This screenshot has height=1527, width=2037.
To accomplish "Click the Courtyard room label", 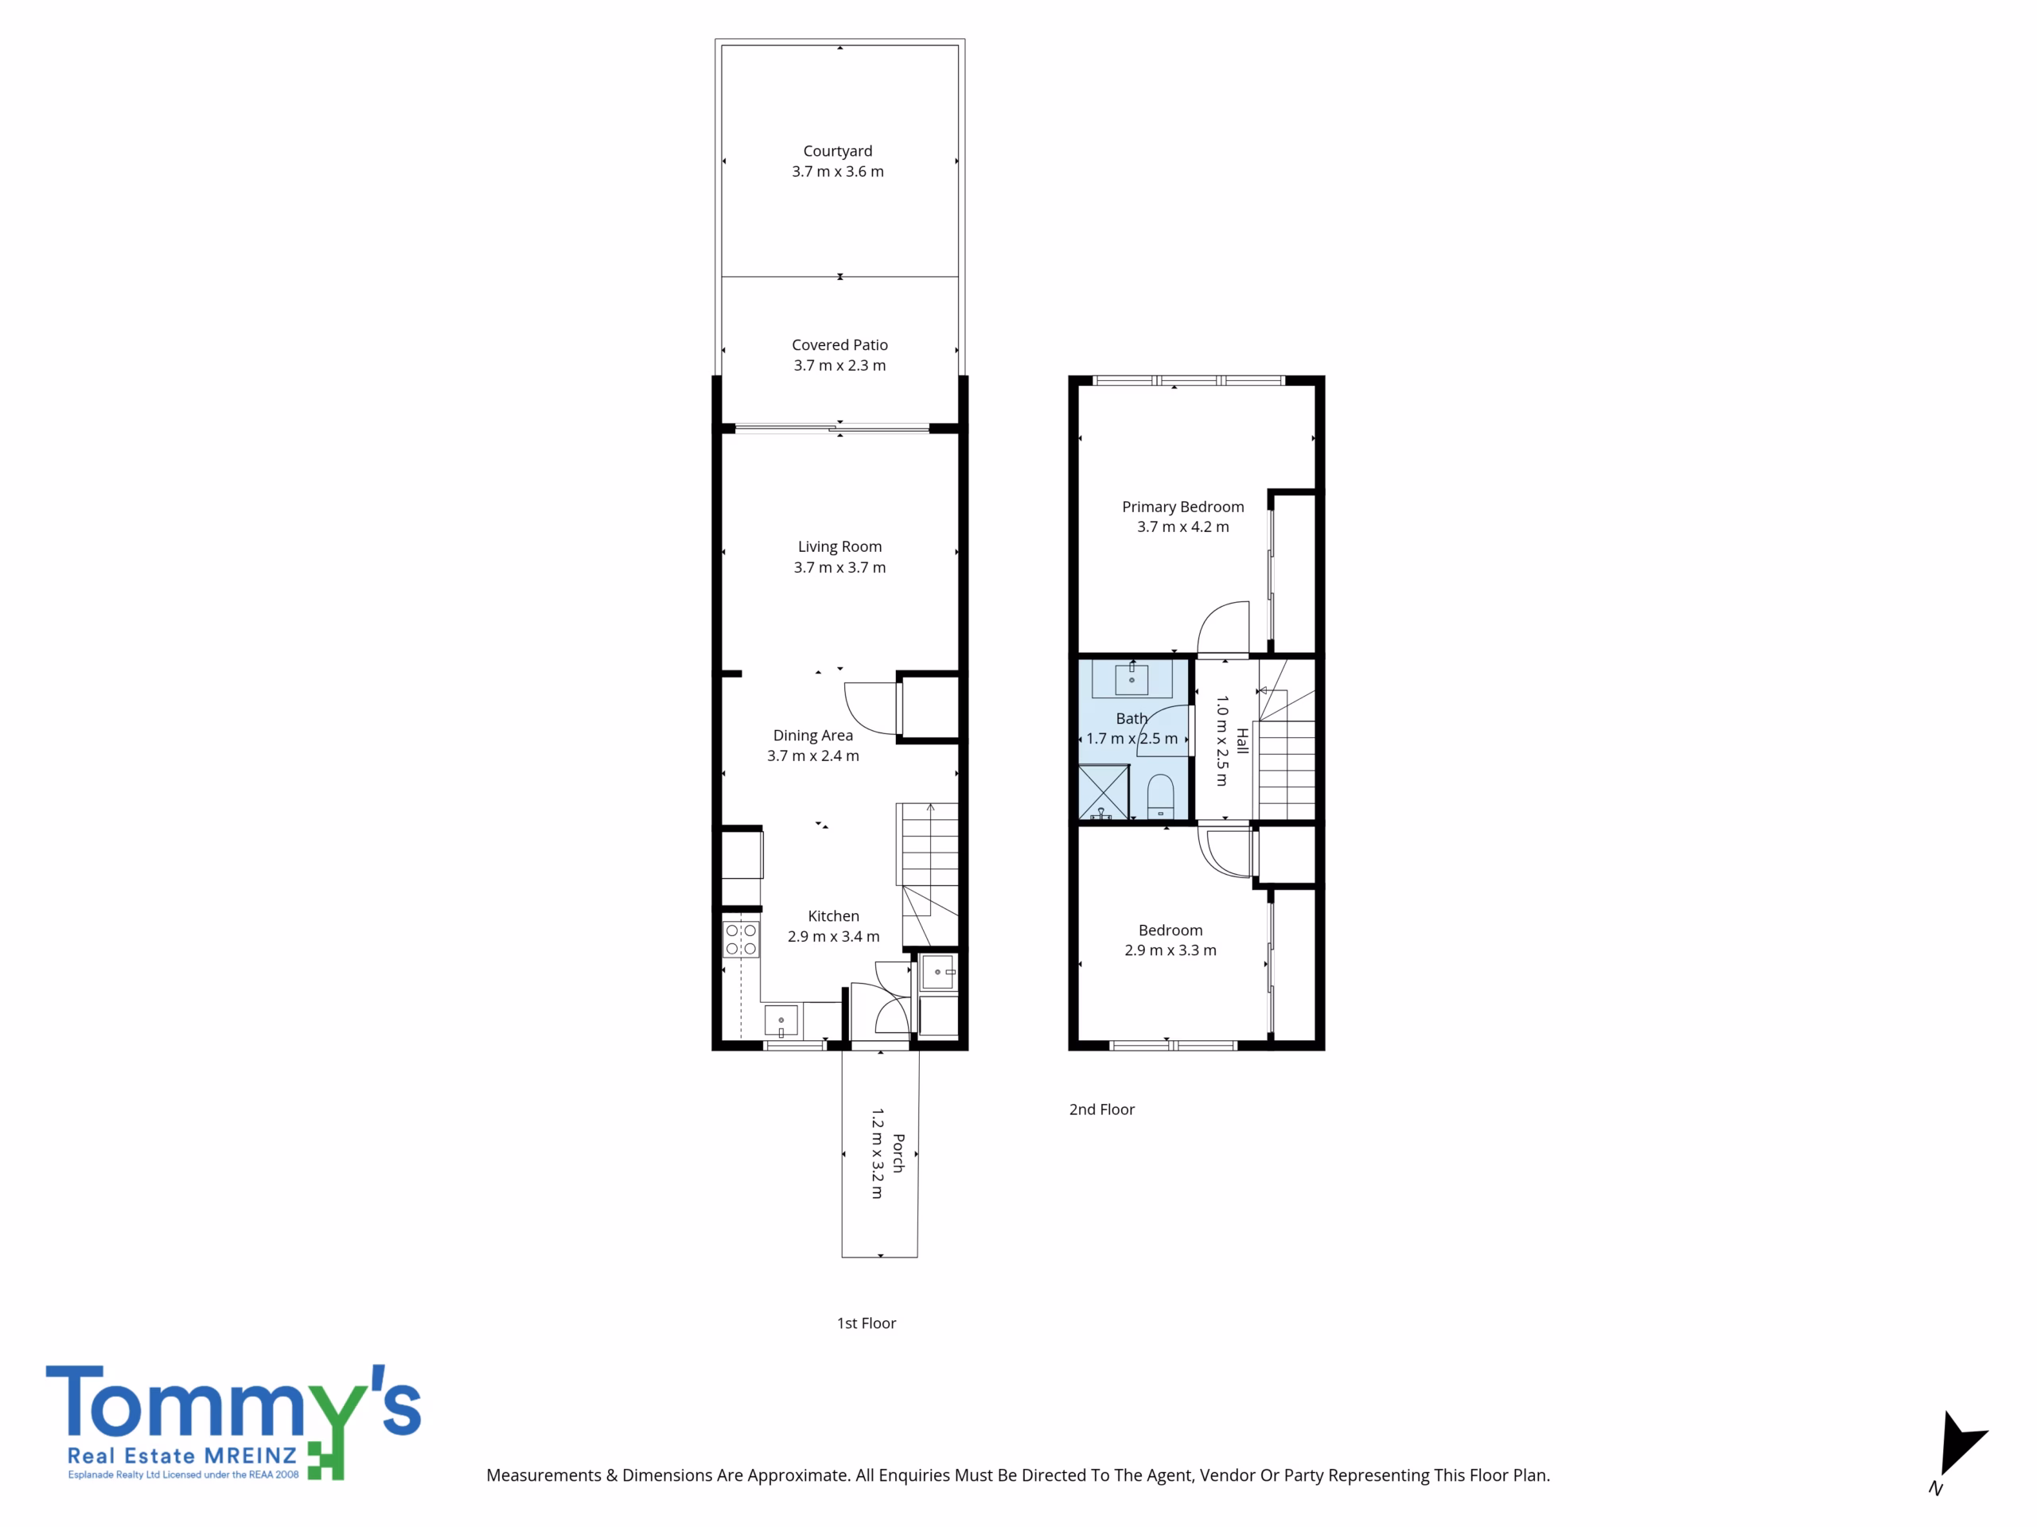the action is click(x=837, y=151).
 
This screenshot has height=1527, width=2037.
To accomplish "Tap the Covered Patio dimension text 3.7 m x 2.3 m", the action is click(x=839, y=365).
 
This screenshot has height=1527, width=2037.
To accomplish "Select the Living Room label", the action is click(x=839, y=546).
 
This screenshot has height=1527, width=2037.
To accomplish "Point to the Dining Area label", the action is click(x=813, y=736).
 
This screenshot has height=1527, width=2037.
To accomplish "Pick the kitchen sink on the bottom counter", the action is click(x=781, y=1020).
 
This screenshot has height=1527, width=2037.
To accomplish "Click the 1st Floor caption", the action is click(x=867, y=1323).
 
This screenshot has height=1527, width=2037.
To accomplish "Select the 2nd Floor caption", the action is click(x=1102, y=1110).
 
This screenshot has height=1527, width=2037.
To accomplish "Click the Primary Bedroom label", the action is click(x=1183, y=507).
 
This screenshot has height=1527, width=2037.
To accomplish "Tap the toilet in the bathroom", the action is click(x=1160, y=795).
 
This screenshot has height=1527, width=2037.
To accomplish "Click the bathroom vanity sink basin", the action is click(x=1131, y=679).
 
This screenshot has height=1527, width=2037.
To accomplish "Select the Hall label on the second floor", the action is click(x=1242, y=741).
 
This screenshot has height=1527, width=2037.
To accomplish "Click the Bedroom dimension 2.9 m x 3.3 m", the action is click(x=1170, y=951).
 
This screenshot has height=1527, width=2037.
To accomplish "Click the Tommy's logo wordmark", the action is click(x=234, y=1403).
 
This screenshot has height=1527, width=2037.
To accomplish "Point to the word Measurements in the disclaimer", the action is click(x=544, y=1475).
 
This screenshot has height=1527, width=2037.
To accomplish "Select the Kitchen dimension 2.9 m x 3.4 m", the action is click(x=833, y=937).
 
